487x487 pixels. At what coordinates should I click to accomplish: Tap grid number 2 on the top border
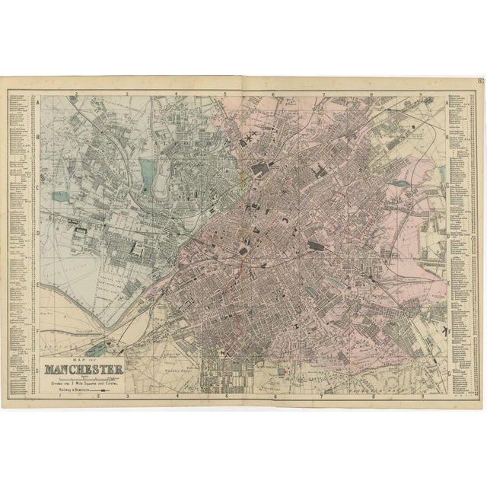pyautogui.click(x=78, y=94)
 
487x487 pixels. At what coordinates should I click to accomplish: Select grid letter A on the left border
pyautogui.click(x=37, y=102)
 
